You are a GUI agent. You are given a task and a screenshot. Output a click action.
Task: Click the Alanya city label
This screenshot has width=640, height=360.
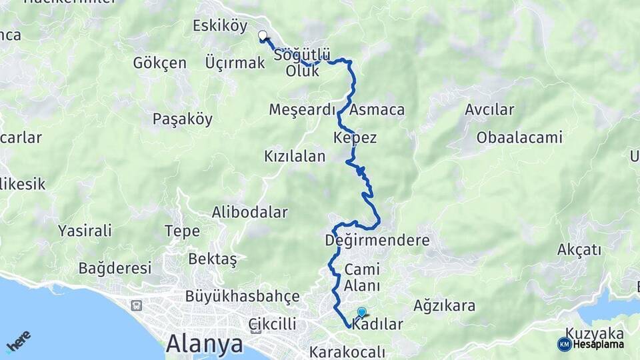point(204,344)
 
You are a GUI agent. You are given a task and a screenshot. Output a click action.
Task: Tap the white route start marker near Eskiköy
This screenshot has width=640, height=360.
point(263,36)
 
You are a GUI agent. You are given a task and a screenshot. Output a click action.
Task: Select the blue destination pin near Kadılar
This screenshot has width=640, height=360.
point(362,312)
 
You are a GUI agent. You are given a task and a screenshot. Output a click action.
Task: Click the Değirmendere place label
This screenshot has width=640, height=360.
point(377,240)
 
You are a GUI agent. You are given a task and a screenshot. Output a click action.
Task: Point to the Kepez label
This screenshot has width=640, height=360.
point(355,138)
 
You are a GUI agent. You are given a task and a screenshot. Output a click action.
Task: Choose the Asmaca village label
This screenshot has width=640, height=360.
point(377,109)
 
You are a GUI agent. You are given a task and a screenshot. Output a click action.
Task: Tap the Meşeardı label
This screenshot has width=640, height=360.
point(302,109)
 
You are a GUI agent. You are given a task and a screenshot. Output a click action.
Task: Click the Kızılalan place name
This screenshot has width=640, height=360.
point(295,157)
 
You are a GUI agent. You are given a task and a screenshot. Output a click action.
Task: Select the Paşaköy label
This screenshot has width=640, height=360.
point(183,119)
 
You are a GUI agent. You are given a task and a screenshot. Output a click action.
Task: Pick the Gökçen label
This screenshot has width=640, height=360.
point(159,63)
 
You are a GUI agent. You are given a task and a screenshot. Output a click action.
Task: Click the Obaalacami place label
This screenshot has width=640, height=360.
point(519,138)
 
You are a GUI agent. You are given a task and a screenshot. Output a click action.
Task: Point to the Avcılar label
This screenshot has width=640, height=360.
point(490,109)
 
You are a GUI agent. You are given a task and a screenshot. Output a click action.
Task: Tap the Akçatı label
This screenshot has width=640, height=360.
point(579,250)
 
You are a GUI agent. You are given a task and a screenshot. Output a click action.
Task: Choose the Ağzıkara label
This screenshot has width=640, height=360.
point(445,306)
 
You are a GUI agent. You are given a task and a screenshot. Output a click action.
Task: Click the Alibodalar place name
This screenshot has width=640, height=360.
point(249,213)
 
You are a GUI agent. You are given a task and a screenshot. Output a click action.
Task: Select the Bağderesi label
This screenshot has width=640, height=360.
point(115,269)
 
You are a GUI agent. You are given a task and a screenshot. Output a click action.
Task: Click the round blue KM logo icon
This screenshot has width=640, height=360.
point(565,344)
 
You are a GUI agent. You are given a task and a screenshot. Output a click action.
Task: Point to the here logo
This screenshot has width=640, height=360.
point(19,341)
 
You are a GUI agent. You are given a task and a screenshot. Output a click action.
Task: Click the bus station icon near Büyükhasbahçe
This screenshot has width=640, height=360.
point(137,306)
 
